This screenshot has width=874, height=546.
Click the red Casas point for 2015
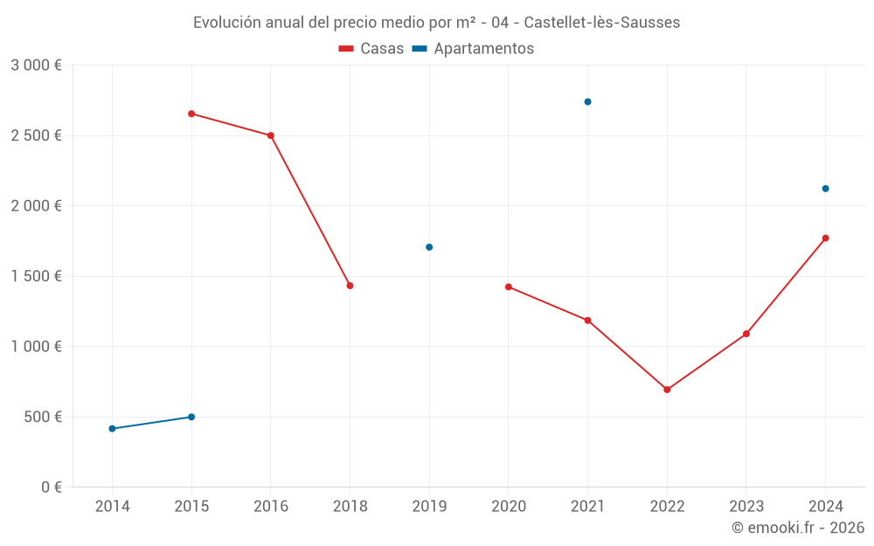[191, 114]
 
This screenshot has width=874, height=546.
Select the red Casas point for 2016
[271, 135]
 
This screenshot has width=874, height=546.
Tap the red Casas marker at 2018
[350, 286]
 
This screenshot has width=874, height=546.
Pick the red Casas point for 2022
[667, 390]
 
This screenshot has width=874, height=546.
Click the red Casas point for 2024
[825, 238]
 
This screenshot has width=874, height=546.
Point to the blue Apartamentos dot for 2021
[587, 101]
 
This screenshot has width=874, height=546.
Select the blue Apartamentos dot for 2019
[429, 247]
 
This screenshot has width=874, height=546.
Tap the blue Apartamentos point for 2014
[112, 429]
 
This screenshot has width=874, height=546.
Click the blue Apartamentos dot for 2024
[825, 189]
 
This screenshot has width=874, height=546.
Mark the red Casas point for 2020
[509, 287]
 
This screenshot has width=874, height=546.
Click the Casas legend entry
[371, 49]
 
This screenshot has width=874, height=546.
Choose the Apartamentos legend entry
[473, 49]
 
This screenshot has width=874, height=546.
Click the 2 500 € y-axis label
[36, 135]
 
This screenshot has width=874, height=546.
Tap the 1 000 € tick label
[36, 347]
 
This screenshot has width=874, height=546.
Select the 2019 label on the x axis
[429, 507]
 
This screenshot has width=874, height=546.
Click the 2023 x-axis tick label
[746, 507]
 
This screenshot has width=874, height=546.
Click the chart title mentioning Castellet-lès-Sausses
[436, 23]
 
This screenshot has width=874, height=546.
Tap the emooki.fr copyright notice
[798, 528]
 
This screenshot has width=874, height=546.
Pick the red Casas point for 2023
[746, 334]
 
